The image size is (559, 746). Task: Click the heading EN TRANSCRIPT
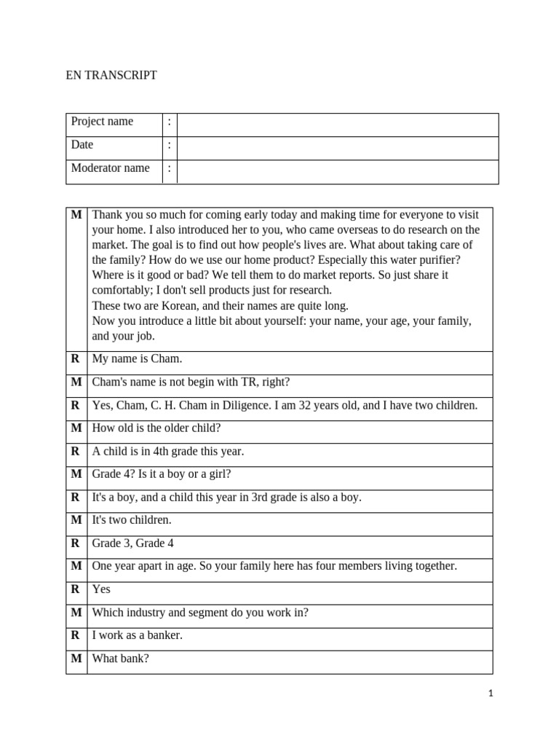pyautogui.click(x=111, y=75)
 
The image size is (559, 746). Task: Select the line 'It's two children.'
pyautogui.click(x=132, y=520)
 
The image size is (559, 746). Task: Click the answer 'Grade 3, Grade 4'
pyautogui.click(x=133, y=543)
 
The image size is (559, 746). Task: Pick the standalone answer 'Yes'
pyautogui.click(x=101, y=589)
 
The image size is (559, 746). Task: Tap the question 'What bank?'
pyautogui.click(x=121, y=659)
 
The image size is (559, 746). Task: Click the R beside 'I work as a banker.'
pyautogui.click(x=75, y=635)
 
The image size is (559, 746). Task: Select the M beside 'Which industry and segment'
pyautogui.click(x=76, y=613)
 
